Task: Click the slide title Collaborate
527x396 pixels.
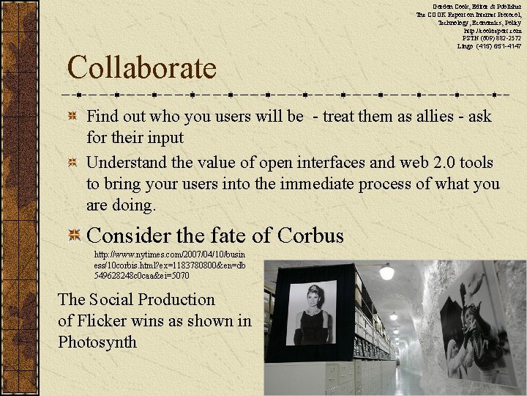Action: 142,68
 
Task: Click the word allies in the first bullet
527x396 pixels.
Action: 425,116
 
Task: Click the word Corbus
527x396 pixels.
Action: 310,235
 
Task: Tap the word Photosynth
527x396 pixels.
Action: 97,342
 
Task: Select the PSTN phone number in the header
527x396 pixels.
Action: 492,38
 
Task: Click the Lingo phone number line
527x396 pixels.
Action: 489,46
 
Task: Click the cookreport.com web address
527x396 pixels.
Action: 493,31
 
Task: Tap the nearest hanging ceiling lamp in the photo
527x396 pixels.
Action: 386,272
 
